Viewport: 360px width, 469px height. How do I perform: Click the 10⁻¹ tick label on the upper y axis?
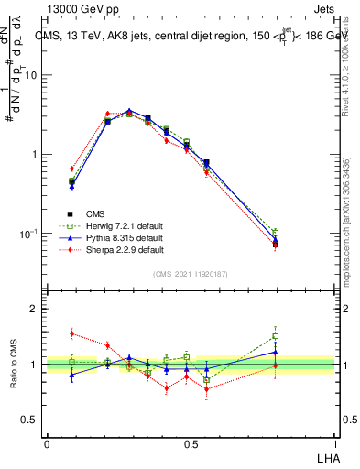click(29, 234)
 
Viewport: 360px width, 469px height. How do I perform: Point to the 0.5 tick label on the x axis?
click(191, 442)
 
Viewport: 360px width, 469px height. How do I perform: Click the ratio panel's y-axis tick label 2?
click(34, 310)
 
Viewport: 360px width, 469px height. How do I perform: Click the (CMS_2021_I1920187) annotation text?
click(191, 274)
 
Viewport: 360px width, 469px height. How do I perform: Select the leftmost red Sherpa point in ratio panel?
click(71, 333)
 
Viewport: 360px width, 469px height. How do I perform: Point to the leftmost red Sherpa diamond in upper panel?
click(71, 169)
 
